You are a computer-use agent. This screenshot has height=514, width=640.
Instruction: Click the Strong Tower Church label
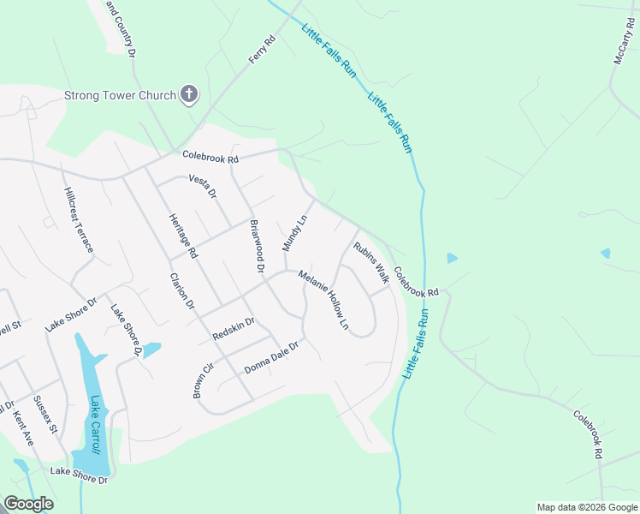tap(121, 95)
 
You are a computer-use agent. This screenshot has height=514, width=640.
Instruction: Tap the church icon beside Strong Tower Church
tap(189, 95)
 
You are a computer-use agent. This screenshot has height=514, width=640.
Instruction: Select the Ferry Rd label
tap(263, 50)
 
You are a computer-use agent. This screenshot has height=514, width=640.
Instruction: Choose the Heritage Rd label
tap(183, 236)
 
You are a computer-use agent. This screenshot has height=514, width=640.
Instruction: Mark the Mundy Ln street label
tap(294, 233)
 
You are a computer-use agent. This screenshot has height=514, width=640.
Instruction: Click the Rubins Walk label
tap(371, 261)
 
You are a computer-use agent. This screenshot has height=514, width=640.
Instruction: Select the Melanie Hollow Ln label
tap(324, 301)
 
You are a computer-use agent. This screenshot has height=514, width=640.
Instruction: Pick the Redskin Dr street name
tap(234, 329)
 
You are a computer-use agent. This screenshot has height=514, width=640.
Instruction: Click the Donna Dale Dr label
tap(271, 358)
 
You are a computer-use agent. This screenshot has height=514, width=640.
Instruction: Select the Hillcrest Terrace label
tap(79, 220)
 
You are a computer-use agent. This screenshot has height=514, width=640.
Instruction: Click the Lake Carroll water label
tap(95, 424)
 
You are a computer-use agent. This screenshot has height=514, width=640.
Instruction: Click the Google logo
tap(28, 504)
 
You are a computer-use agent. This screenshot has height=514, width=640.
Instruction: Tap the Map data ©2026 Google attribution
tap(587, 507)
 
